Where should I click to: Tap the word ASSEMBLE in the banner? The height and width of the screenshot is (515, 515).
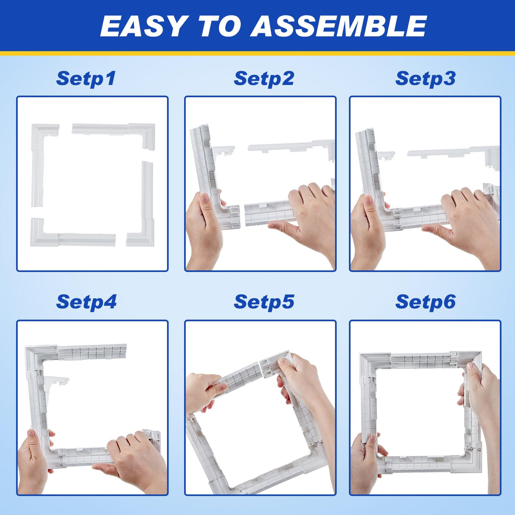point(338,26)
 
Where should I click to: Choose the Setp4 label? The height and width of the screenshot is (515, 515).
point(86,302)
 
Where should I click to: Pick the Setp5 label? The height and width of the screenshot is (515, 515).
point(264,302)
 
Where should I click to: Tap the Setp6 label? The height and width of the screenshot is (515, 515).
point(425,302)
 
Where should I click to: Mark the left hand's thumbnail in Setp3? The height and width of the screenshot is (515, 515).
point(368,200)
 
